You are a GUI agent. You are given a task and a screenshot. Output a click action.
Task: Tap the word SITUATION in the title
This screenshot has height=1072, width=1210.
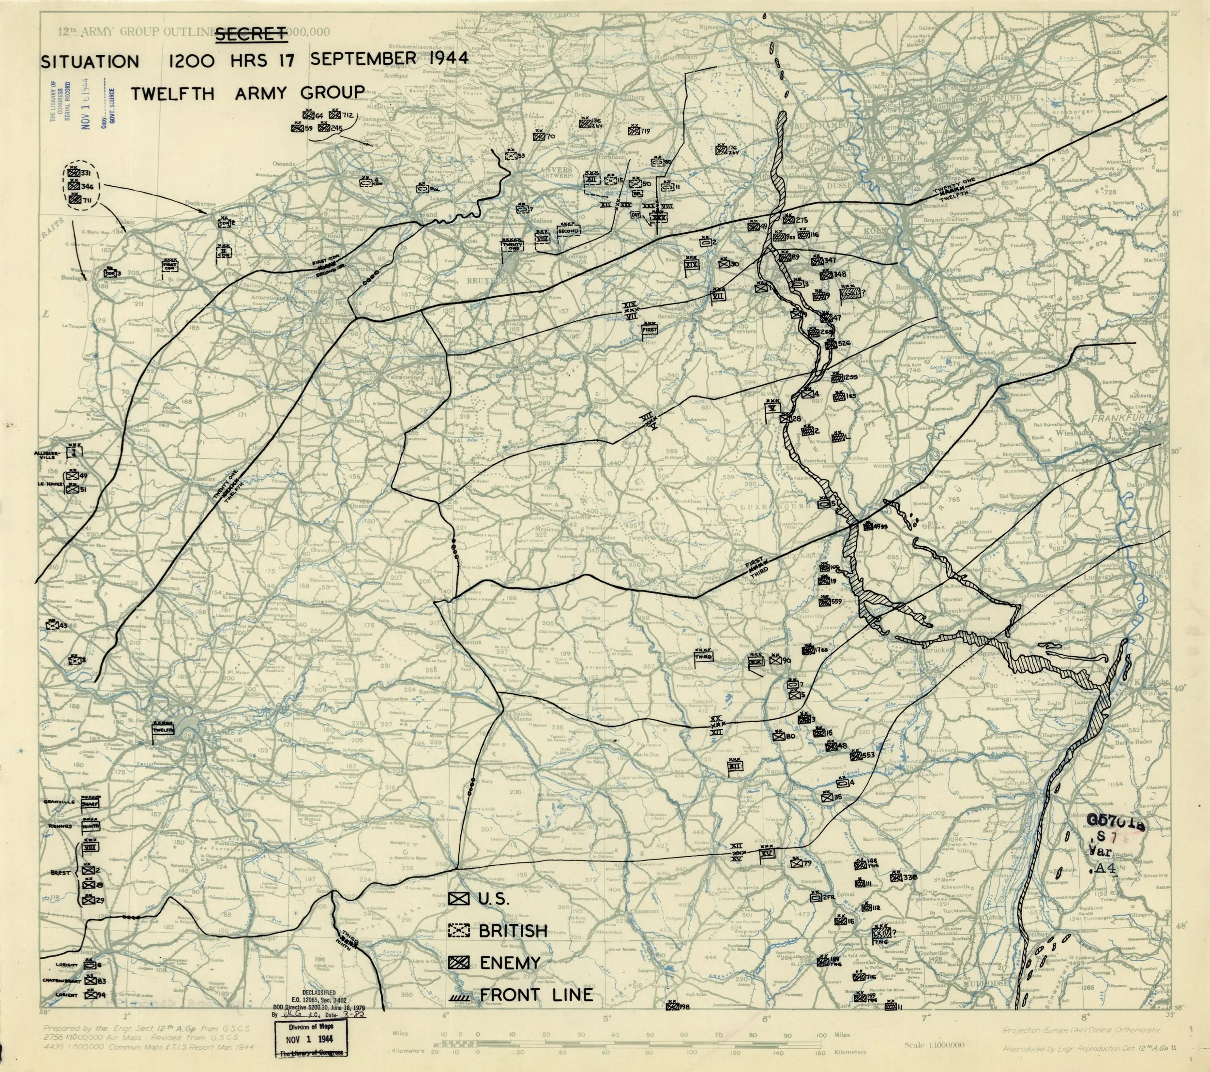pyautogui.click(x=90, y=61)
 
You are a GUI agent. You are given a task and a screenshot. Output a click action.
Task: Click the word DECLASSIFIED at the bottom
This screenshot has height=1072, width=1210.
pyautogui.click(x=319, y=992)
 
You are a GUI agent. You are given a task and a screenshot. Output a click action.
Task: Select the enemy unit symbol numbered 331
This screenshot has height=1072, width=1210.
pyautogui.click(x=74, y=174)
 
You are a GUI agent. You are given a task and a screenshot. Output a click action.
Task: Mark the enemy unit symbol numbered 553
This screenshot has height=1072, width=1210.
pyautogui.click(x=855, y=756)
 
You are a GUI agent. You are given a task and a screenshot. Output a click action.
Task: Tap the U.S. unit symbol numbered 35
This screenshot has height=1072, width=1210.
pyautogui.click(x=828, y=797)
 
